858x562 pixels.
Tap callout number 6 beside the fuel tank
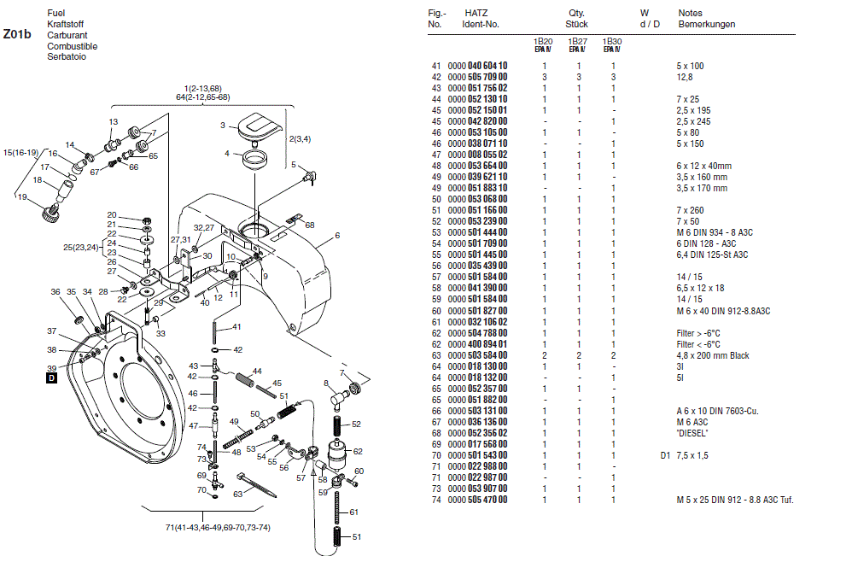click(337, 235)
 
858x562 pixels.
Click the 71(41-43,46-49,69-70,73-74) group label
click(217, 527)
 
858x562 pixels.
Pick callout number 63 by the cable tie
click(239, 493)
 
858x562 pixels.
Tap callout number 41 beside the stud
click(236, 327)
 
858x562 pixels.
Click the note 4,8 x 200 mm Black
click(714, 355)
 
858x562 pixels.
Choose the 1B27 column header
click(577, 43)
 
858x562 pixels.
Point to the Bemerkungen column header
click(706, 25)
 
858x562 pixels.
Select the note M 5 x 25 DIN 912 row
click(735, 500)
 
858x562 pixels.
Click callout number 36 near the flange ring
click(55, 293)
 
